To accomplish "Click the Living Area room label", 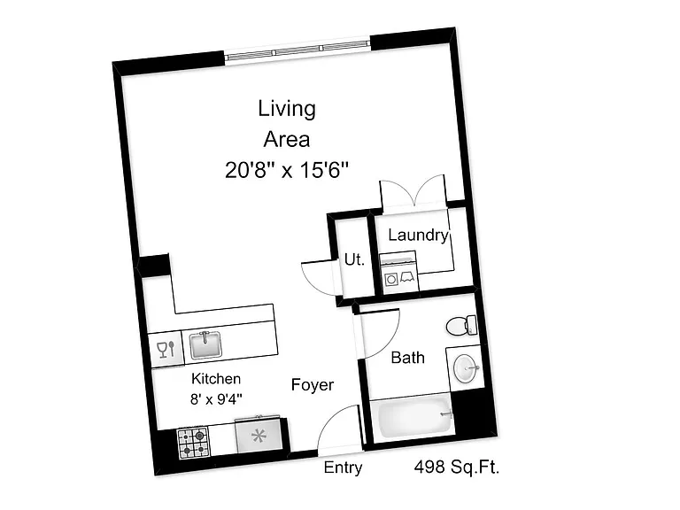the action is pos(287,124).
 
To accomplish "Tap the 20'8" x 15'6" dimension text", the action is pos(287,170).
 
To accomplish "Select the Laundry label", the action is pos(418,235).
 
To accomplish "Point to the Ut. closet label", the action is pos(354,259).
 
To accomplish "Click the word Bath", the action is pos(407,358).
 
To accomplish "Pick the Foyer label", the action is pos(313,385).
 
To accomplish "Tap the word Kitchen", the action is pos(216,379).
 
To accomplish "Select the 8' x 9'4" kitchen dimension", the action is pos(216,399).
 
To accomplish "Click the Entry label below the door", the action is pos(343,467).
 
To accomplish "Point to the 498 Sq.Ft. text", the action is pos(457,467).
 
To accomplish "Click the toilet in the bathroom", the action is pos(461,326).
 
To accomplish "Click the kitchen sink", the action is pos(206,344).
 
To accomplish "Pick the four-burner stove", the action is pos(193,443).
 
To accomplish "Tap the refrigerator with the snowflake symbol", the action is pos(259,435).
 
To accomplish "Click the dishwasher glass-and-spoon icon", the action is pos(166,349).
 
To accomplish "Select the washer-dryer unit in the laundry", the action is pos(399,274).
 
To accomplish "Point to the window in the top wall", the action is pos(297,50).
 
